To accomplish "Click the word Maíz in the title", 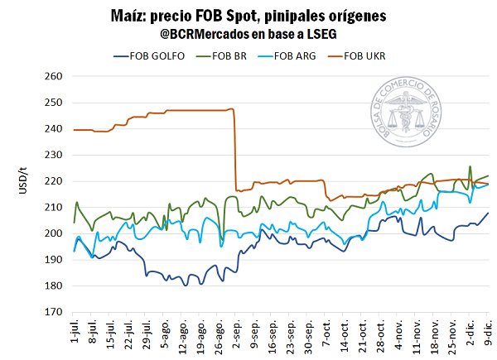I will (129, 16).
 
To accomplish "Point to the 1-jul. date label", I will (76, 333).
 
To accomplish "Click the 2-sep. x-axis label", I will (238, 333).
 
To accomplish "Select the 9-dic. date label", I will (489, 333).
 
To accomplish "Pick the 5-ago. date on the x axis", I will (166, 333).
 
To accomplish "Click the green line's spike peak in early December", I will (470, 166).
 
